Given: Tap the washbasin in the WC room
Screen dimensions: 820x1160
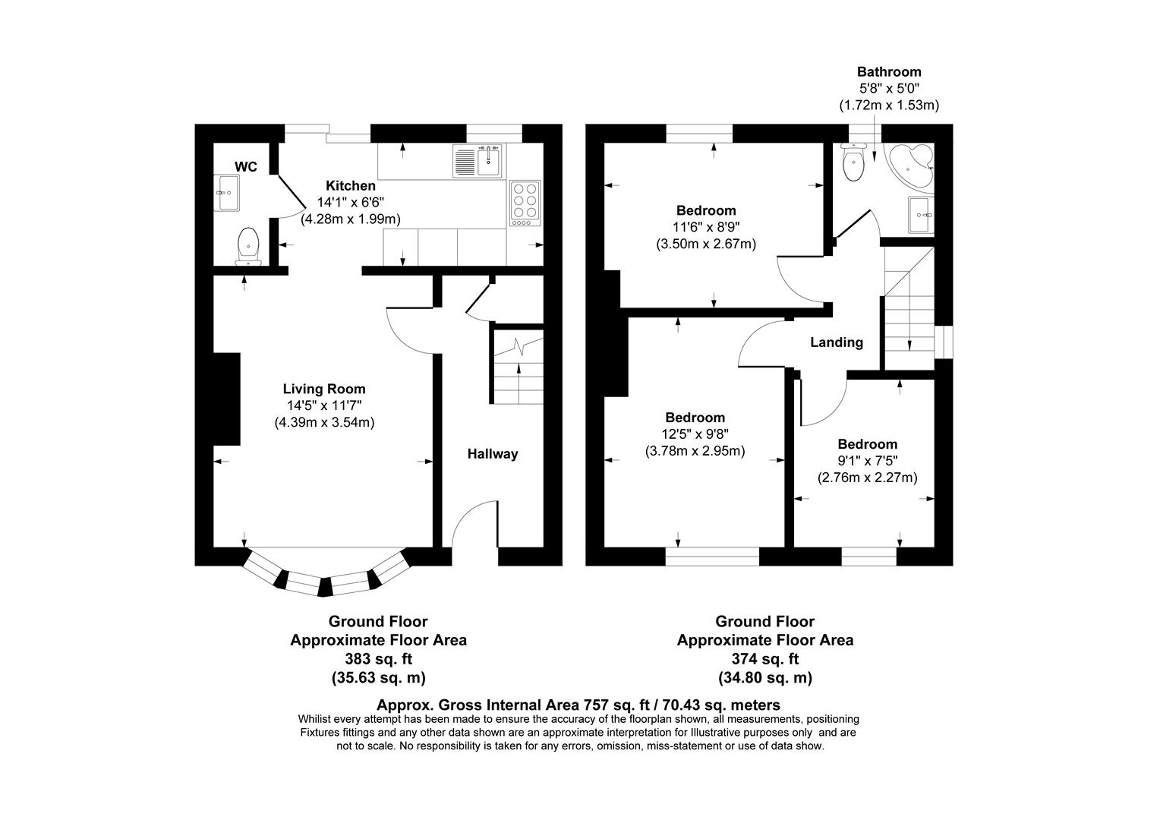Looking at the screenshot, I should [x=227, y=193].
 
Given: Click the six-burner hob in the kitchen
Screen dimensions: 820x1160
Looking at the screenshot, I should [x=524, y=203].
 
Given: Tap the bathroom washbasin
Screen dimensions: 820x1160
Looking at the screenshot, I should [x=921, y=215].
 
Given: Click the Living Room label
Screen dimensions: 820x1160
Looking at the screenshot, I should [x=324, y=389].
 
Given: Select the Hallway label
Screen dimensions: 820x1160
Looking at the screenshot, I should [x=492, y=454].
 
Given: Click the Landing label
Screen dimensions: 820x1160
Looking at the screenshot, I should [x=836, y=342].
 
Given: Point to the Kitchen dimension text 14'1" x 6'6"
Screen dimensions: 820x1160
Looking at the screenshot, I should [x=350, y=203].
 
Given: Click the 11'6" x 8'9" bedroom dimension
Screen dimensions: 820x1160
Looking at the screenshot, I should [x=706, y=227].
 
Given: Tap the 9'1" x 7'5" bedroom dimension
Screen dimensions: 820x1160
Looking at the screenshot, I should [x=867, y=461].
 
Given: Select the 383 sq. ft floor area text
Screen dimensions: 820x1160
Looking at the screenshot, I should [x=378, y=659].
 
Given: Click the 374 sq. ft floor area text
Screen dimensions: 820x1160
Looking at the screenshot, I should [x=764, y=659].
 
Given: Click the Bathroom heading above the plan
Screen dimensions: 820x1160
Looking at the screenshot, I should [x=888, y=72].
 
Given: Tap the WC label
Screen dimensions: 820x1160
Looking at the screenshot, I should [x=245, y=167].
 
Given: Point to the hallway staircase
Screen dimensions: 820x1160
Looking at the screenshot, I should [x=519, y=368].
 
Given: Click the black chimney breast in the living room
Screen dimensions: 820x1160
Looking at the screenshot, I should [x=227, y=399].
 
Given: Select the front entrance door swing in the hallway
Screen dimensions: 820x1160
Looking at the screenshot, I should [x=474, y=525].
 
